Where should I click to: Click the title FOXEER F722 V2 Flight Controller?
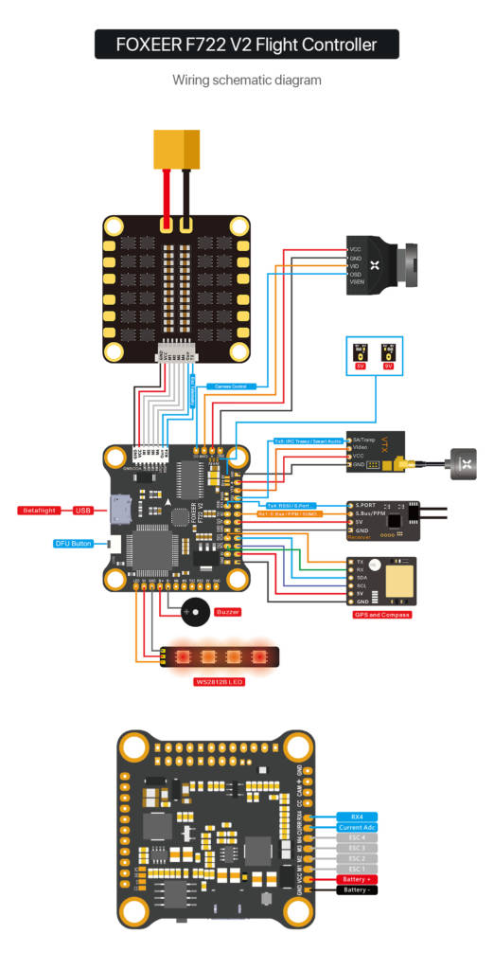coord(246,44)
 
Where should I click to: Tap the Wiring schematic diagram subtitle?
coord(246,81)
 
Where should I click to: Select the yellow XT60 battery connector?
coord(177,148)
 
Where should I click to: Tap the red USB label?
coord(83,511)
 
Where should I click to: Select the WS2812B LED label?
coord(219,681)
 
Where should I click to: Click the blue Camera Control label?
coord(229,386)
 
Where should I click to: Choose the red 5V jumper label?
coord(361,365)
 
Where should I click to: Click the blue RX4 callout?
coord(357,816)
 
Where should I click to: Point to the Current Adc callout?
coord(357,828)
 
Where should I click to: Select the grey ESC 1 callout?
coord(357,869)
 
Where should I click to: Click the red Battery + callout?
coord(357,880)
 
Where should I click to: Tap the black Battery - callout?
coord(357,890)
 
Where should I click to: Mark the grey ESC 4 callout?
coord(357,837)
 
